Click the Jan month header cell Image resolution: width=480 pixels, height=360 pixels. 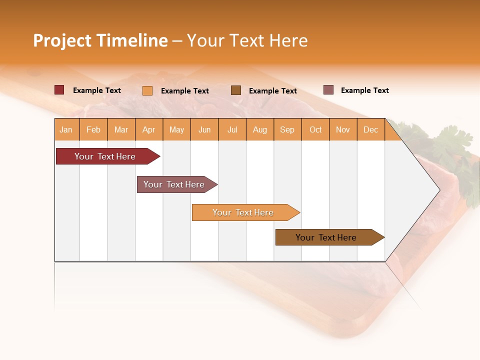pos(66,129)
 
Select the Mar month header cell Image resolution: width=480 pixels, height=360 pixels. pos(121,129)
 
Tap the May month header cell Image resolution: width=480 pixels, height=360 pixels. pos(176,129)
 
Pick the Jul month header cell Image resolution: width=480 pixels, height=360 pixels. pos(232,129)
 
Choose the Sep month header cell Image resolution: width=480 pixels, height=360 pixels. pos(287,129)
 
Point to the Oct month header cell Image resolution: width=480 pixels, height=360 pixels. pos(315,129)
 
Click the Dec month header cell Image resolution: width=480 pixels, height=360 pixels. pos(370,129)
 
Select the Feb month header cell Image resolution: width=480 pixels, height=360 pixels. pos(93,129)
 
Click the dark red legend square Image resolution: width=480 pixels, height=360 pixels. pos(59,90)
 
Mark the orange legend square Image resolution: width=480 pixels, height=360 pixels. pos(147,90)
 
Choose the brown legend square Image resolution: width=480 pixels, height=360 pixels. pos(236,90)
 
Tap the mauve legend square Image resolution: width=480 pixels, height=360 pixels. pos(328,90)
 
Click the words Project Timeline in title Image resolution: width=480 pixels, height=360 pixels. pos(100,40)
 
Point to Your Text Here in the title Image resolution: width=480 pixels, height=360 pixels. pos(247,40)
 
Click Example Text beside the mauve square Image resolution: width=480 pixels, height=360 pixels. pos(364,90)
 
